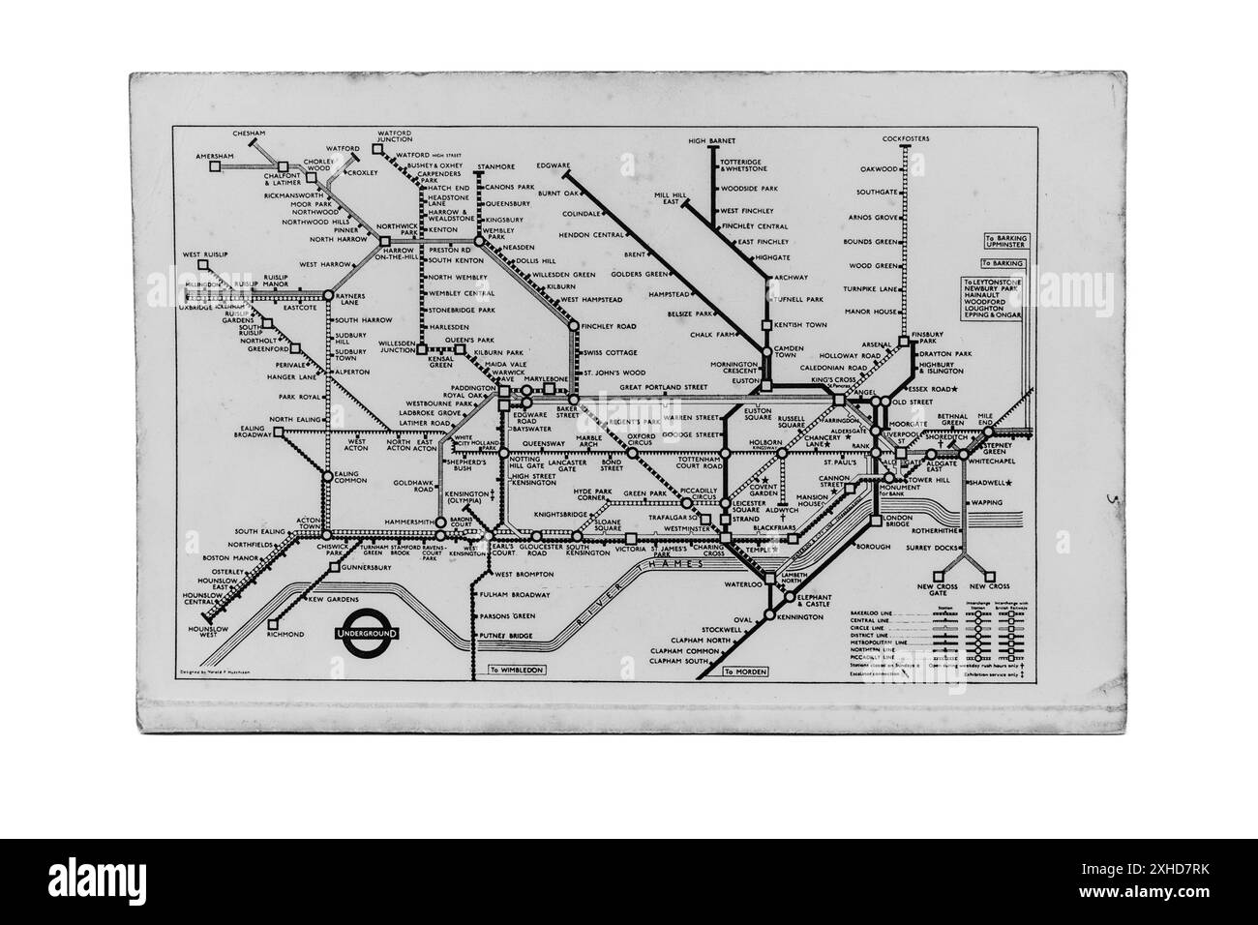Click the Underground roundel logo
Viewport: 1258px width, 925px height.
coord(368,633)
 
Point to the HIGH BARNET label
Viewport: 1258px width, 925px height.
coord(712,141)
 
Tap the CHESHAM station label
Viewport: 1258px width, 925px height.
coord(249,133)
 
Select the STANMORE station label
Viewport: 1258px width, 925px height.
coord(495,166)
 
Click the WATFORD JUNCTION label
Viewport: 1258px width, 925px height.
coord(395,135)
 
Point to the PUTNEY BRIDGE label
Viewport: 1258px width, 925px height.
coord(506,636)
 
